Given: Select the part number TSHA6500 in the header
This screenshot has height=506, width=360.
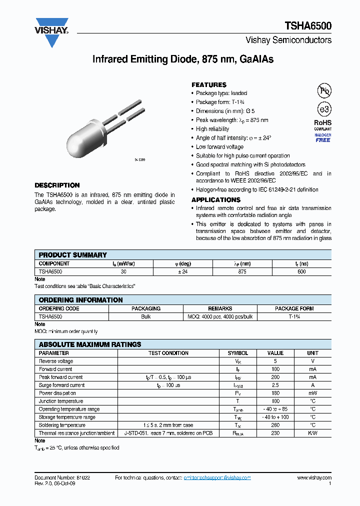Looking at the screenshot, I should coord(308,26).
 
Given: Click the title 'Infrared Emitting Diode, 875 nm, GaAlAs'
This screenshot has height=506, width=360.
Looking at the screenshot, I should coord(183,59).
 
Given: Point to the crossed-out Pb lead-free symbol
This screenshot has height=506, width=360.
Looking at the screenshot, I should coord(324,90).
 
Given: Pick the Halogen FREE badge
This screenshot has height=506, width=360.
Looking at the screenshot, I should coord(322,138).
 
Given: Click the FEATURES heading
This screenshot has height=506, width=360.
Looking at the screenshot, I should coord(209,85).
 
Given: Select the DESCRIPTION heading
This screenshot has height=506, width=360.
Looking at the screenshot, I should coord(57,185).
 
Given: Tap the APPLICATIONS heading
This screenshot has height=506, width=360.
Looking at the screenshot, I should coord(216,199).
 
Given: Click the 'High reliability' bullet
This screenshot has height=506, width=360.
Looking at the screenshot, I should coord(212,129).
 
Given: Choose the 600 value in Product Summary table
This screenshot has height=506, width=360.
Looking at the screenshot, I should coord(301,271).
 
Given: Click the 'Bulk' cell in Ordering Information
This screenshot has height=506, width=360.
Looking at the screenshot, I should coord(145,316).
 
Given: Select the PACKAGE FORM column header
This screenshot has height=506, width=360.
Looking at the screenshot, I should coord(294,308).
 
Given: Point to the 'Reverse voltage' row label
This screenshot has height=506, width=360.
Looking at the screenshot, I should coord(56,361).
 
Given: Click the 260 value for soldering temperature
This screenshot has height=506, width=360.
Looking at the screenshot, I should coord(275,425).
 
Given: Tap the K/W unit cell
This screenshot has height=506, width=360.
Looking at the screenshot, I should coord(312,433).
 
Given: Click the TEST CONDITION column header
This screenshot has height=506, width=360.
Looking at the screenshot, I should coord(168,353).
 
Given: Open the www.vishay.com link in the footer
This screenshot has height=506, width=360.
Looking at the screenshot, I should coord(314,478).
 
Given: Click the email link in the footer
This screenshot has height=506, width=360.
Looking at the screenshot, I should coord(217,478).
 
